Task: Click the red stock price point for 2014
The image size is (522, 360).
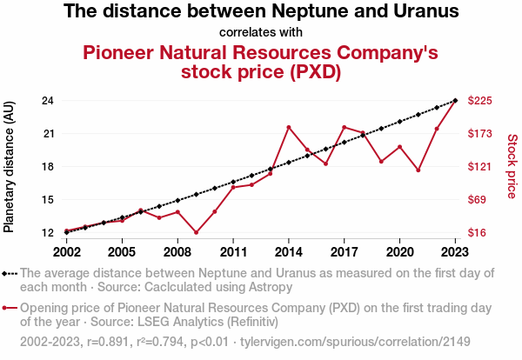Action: (x=289, y=127)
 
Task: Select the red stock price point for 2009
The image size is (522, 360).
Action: (x=197, y=232)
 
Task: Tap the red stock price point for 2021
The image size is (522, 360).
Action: (x=418, y=170)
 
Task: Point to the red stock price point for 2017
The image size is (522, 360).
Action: (x=345, y=127)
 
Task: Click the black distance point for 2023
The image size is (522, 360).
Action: (x=455, y=101)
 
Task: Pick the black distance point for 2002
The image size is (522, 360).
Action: (x=66, y=232)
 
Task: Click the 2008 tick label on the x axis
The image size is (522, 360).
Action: (x=177, y=251)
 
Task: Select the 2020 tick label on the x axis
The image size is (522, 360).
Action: (x=399, y=251)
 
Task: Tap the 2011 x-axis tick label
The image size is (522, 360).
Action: (x=233, y=251)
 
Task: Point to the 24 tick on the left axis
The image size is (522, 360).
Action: (x=48, y=101)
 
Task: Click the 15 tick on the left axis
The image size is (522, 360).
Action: (x=48, y=200)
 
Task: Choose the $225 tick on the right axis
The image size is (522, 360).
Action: (x=481, y=101)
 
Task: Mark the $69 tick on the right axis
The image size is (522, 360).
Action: (x=478, y=200)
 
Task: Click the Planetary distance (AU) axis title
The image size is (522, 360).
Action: (x=10, y=167)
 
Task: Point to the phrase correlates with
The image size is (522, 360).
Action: (x=261, y=33)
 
